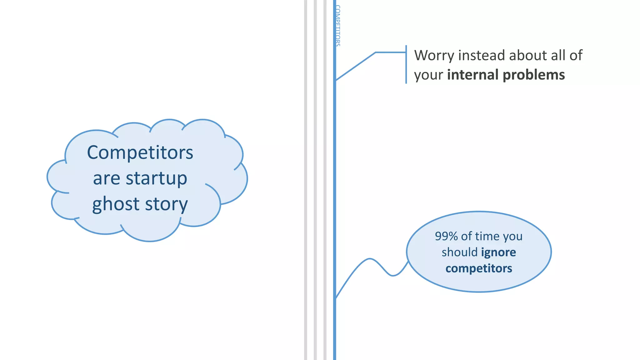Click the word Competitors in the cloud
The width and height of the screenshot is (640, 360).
click(x=140, y=152)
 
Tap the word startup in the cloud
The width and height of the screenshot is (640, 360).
click(x=156, y=179)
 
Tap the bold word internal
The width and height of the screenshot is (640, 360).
click(x=472, y=75)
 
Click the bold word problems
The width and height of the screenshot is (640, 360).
click(x=534, y=75)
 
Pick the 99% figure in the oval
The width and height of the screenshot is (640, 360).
click(x=446, y=236)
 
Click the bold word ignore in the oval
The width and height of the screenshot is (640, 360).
click(x=498, y=252)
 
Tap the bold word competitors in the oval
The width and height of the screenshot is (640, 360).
click(x=479, y=268)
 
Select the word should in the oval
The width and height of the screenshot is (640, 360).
click(x=459, y=252)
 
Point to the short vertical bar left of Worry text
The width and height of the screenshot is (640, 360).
click(x=406, y=64)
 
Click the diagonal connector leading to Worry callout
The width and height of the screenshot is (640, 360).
click(x=355, y=67)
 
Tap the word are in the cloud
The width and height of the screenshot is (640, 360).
click(x=106, y=179)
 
